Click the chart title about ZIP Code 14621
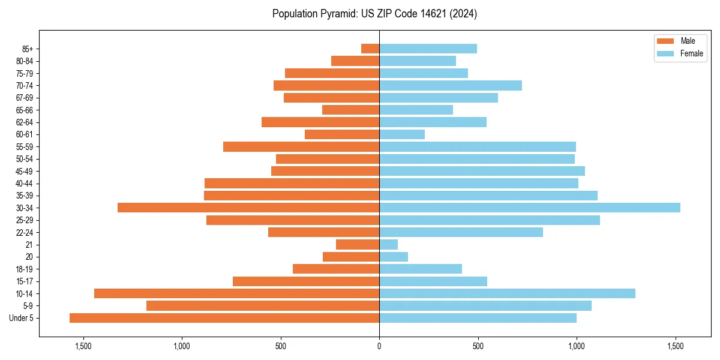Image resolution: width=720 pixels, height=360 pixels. point(374,14)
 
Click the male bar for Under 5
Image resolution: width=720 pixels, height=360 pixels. point(224,318)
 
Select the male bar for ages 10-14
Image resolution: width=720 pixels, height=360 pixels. point(236,293)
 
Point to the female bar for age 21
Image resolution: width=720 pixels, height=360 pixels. point(388,244)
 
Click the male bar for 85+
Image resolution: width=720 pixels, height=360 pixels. point(370,49)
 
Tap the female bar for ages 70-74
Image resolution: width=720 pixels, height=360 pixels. point(450,85)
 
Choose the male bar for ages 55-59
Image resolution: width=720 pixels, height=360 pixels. point(301,146)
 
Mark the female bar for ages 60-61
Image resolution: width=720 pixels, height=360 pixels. point(402,134)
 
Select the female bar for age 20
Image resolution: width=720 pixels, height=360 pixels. point(394,257)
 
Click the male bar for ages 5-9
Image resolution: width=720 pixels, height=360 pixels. point(263,305)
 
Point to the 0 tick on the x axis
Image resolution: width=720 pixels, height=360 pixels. point(379,346)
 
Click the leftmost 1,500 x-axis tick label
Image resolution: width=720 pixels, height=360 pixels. point(83,346)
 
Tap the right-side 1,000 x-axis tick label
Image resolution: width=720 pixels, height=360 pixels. point(577,346)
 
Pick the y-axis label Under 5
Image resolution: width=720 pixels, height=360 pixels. point(22,318)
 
